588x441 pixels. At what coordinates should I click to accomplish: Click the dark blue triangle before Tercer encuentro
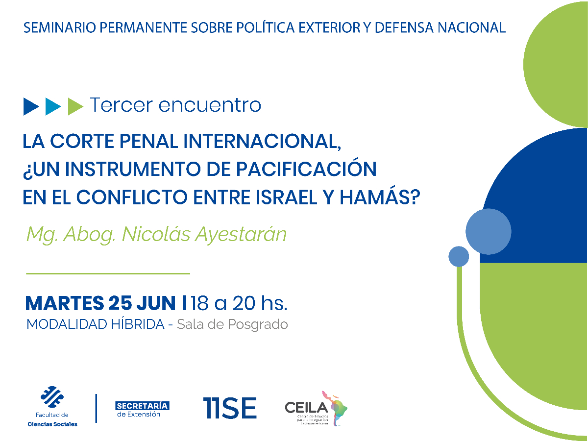[30, 106]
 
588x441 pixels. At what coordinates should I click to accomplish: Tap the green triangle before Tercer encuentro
[75, 106]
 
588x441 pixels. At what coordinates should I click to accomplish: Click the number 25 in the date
[120, 303]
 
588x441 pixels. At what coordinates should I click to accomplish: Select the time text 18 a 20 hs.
[239, 303]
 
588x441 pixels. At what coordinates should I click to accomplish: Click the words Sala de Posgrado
[232, 324]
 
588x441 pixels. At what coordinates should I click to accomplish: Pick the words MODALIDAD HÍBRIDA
[95, 324]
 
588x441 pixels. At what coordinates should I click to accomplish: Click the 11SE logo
[230, 408]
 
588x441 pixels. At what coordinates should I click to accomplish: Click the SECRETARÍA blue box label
[142, 406]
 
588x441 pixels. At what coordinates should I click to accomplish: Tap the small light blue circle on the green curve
[459, 256]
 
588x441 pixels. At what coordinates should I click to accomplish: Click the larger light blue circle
[488, 231]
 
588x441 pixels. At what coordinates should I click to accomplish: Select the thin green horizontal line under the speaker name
[107, 273]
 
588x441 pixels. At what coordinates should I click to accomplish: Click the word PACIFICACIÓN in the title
[306, 169]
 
